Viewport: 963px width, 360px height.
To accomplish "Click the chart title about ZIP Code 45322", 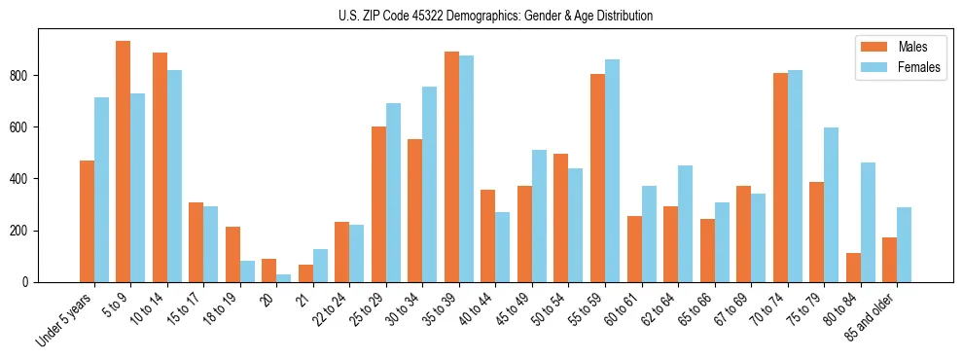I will pos(481,16).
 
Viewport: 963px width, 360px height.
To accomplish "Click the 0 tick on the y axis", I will pos(32,282).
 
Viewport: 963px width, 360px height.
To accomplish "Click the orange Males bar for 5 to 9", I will pos(124,162).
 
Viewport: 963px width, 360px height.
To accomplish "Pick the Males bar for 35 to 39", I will pos(451,166).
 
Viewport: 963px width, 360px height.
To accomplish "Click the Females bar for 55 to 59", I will pos(612,171).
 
